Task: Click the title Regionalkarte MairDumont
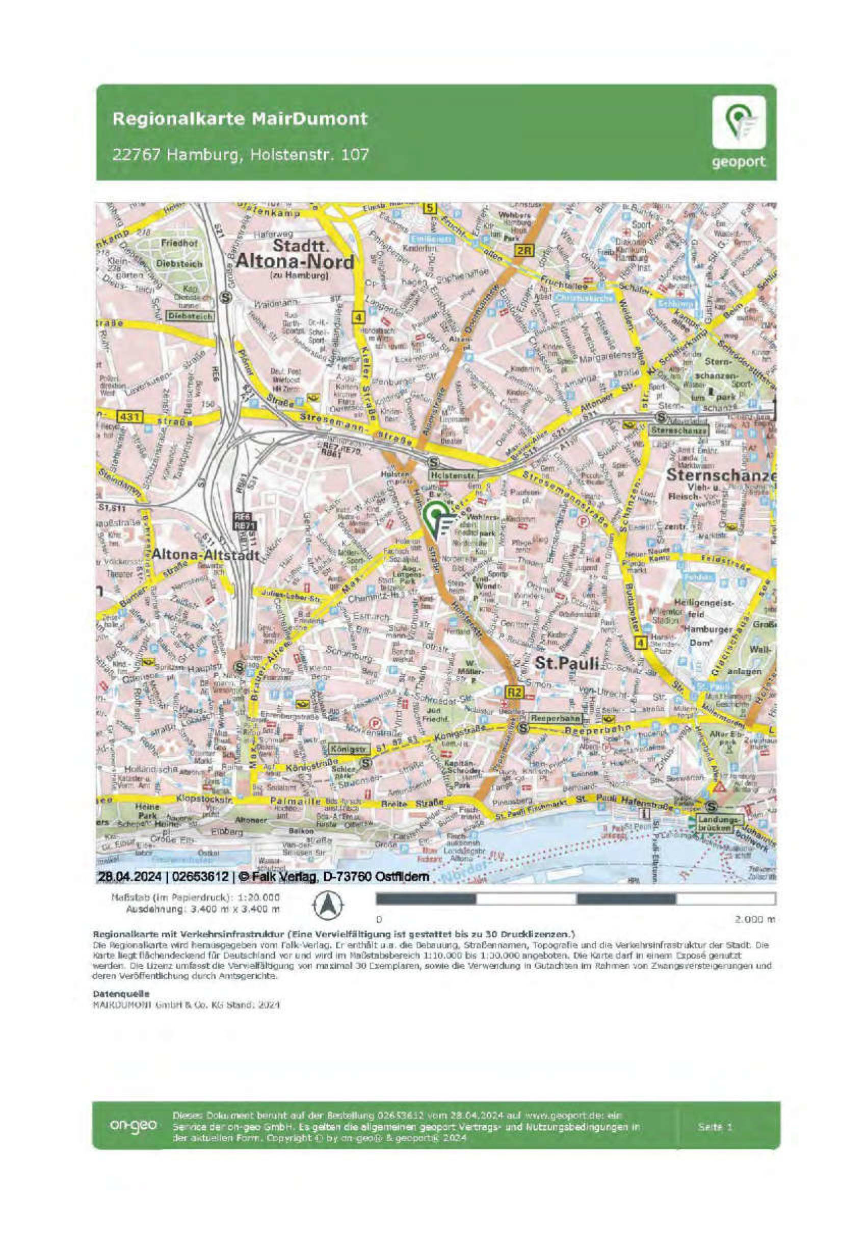point(240,118)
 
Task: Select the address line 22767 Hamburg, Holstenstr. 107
point(240,154)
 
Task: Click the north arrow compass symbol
point(328,905)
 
